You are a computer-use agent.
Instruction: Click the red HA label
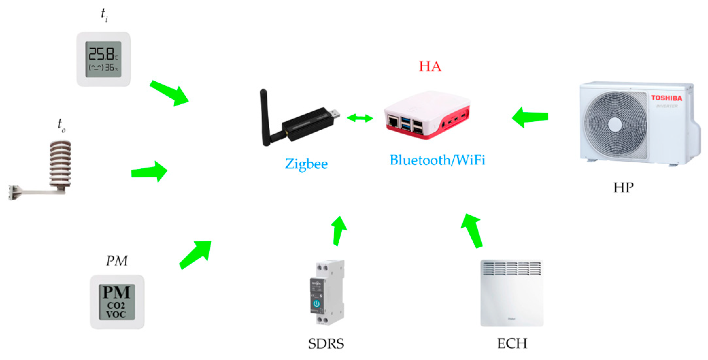(430, 66)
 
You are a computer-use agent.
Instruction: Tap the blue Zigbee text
(306, 164)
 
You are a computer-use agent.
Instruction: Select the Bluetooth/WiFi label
(437, 160)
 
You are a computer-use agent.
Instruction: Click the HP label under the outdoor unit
(623, 188)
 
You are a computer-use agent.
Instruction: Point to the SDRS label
(326, 344)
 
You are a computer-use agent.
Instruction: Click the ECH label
(512, 344)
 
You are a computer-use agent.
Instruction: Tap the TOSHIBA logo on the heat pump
(666, 98)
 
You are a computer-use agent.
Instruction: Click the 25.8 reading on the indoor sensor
(101, 54)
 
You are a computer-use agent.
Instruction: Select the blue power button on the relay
(316, 303)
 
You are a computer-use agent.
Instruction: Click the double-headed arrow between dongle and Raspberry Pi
(360, 118)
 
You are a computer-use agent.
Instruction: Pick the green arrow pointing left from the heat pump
(530, 117)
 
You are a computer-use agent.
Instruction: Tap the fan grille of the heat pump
(615, 124)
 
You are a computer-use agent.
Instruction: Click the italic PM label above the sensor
(117, 261)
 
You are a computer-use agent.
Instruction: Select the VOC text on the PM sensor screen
(116, 315)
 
